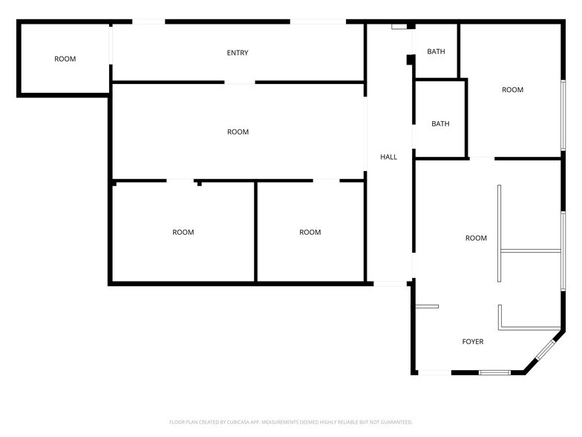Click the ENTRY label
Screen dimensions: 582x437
(x=238, y=53)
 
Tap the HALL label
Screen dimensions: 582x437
(x=389, y=157)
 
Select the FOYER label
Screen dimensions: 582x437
(x=473, y=342)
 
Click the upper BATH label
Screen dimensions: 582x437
(x=436, y=51)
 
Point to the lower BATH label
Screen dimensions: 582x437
(x=441, y=123)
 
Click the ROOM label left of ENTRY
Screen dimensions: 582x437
(x=65, y=59)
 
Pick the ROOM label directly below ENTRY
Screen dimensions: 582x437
(x=238, y=132)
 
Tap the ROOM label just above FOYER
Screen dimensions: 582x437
(x=477, y=238)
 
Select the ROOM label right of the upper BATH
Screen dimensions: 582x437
(x=512, y=89)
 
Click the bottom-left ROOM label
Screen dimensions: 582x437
(x=183, y=232)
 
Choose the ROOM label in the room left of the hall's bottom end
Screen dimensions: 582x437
(x=310, y=232)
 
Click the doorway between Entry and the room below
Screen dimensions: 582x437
(x=240, y=82)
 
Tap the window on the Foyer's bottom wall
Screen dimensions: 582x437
(x=494, y=372)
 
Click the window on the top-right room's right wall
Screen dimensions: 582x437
(x=563, y=115)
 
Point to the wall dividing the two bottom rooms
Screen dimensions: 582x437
(x=255, y=232)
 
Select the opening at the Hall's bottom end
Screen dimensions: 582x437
(x=390, y=284)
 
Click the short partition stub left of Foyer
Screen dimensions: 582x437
(x=427, y=306)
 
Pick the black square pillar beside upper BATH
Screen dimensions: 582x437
(x=411, y=59)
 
